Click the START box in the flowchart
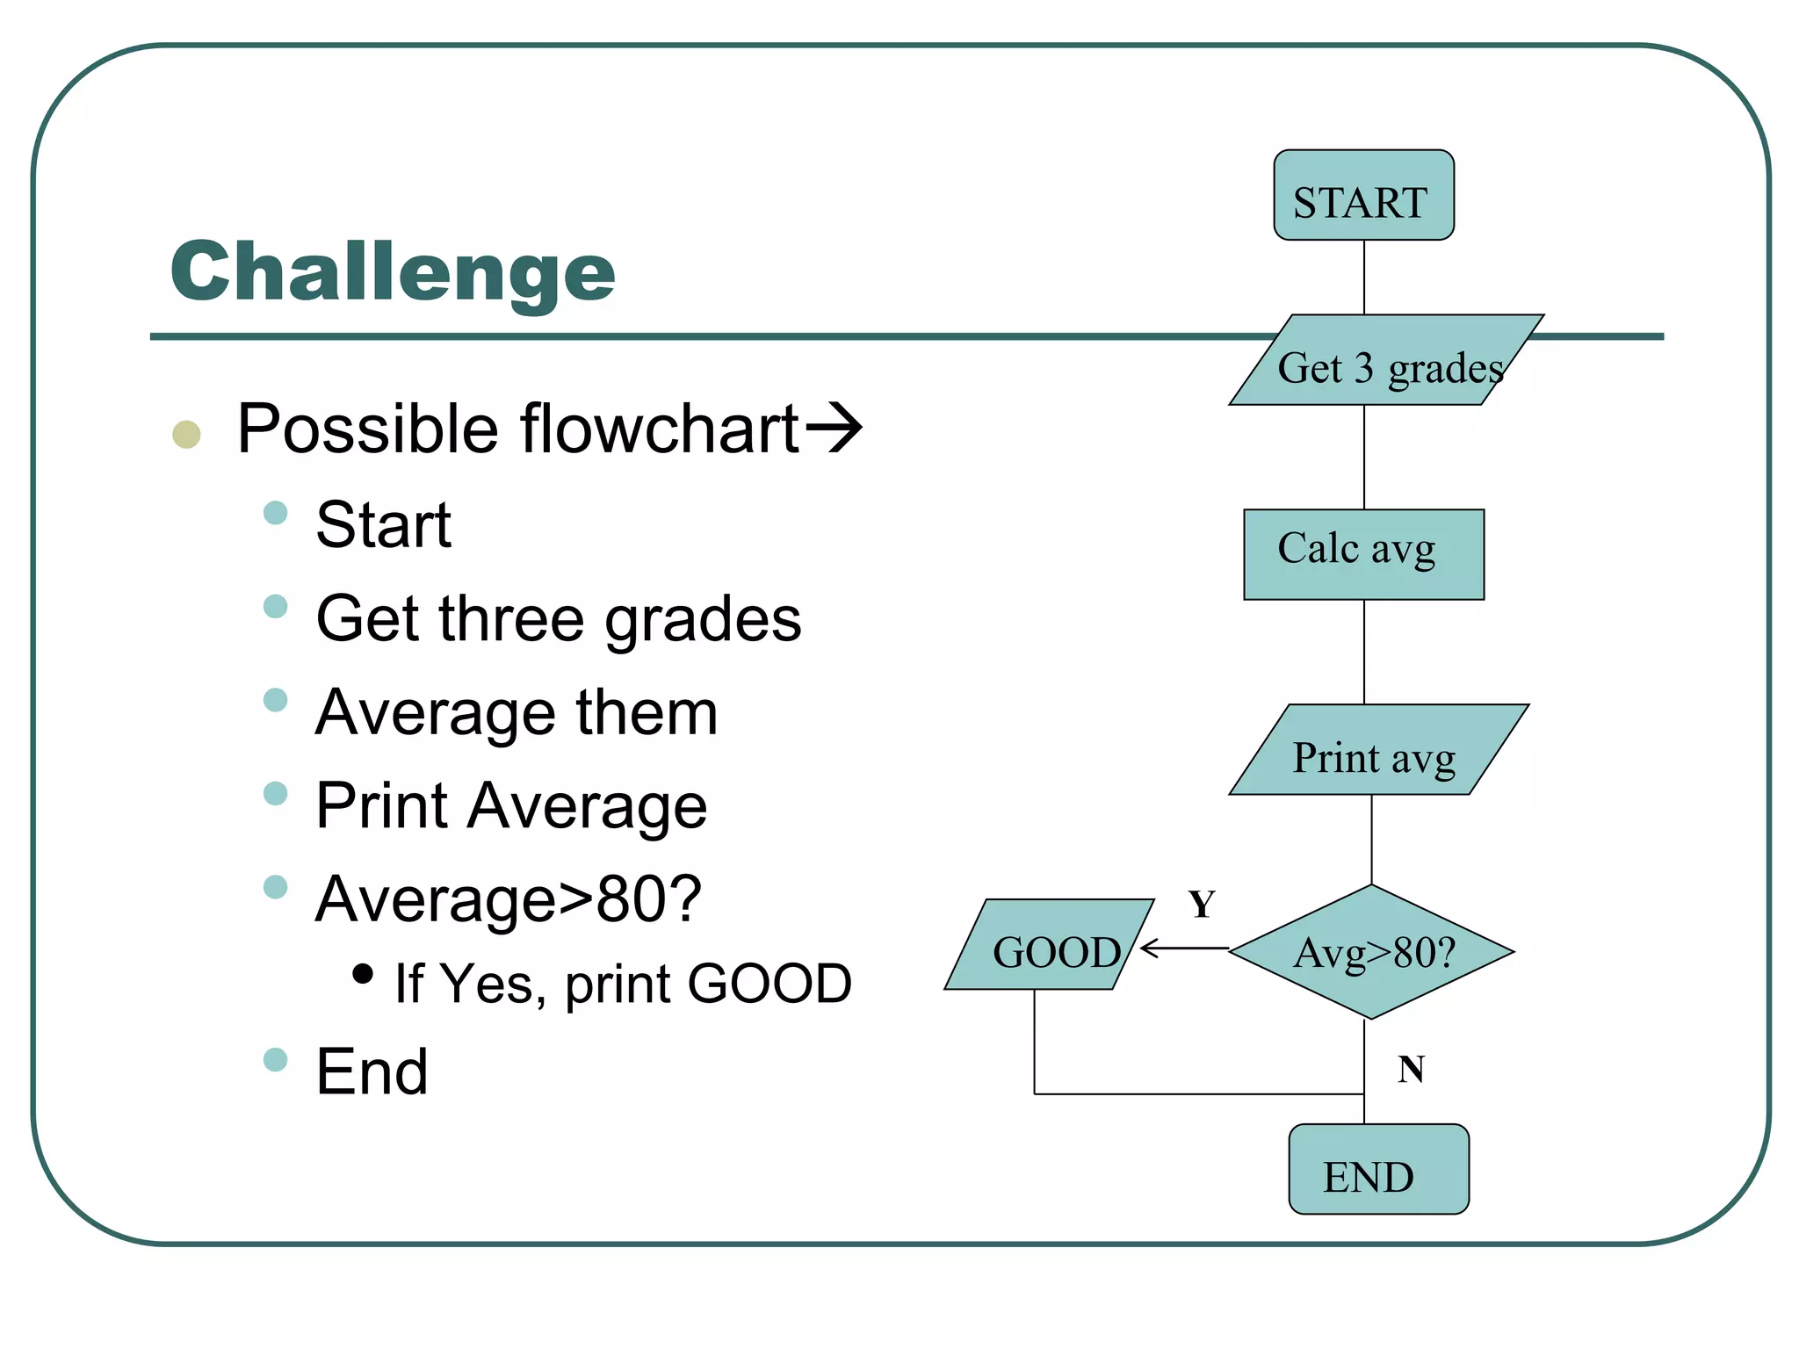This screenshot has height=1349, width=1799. tap(1363, 196)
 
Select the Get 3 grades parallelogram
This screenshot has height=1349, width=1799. tap(1385, 361)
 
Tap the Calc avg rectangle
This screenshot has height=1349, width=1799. tap(1363, 554)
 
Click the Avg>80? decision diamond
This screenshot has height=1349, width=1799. tap(1371, 952)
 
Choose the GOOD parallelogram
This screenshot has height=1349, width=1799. tap(1050, 945)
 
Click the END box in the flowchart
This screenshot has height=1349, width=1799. tap(1377, 1170)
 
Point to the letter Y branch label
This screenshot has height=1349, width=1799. tap(1201, 905)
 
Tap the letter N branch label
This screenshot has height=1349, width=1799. tap(1410, 1070)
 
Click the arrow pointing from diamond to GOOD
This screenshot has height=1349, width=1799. tap(1182, 949)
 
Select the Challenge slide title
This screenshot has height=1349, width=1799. tap(393, 272)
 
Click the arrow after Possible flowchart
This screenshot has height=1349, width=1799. tap(834, 429)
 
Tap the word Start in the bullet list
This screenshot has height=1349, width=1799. tap(384, 525)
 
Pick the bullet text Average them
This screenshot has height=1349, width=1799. tap(517, 712)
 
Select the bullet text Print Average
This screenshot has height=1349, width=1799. tap(511, 806)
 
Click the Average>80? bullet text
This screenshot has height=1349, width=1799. tap(509, 899)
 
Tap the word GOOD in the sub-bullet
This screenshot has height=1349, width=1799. tap(769, 984)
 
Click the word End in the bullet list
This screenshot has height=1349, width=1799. tap(372, 1072)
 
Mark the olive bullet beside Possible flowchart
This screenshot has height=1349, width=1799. tap(186, 434)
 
